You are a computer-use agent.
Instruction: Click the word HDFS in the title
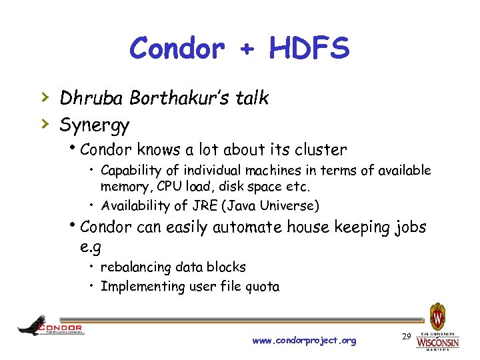(309, 48)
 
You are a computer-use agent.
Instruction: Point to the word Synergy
(95, 125)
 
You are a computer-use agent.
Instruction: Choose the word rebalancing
(135, 267)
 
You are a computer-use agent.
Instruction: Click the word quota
(262, 287)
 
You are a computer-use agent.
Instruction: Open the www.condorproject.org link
(304, 341)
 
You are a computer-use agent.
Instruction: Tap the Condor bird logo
(33, 325)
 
